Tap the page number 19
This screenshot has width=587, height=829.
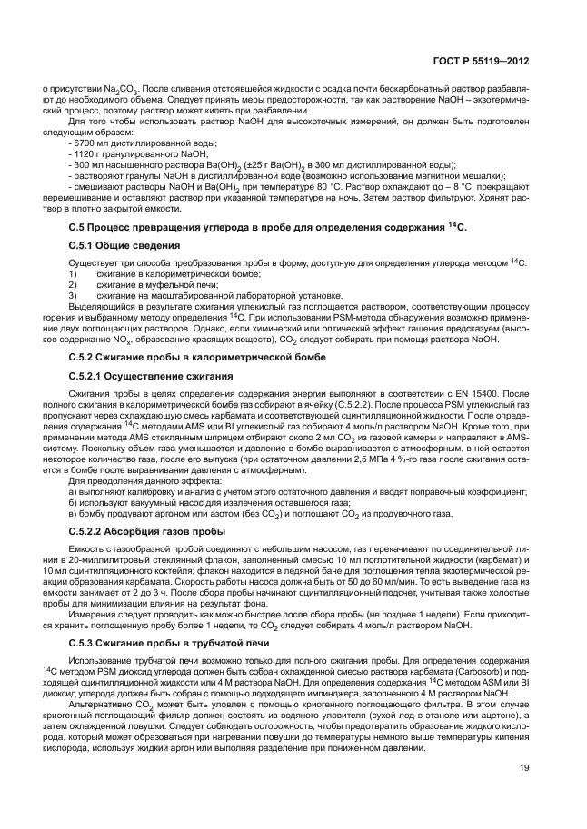coord(524,769)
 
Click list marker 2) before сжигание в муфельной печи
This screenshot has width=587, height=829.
coord(72,284)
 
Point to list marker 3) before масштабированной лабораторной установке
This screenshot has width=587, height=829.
coord(72,295)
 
